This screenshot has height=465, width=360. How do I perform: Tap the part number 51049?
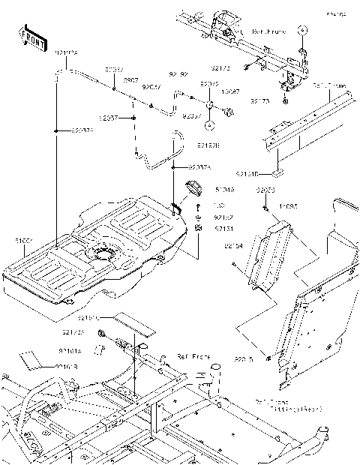(224, 190)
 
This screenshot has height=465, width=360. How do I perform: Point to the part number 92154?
(233, 245)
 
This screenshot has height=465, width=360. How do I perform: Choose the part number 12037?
(107, 118)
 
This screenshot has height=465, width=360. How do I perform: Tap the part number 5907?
(130, 79)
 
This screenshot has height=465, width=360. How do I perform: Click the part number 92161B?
(67, 366)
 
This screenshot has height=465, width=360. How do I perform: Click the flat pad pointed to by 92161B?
(31, 358)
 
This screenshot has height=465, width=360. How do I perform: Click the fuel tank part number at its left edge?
(23, 241)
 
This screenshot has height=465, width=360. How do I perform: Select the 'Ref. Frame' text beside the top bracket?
(268, 33)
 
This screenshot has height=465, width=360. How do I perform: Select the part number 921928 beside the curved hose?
(209, 145)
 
